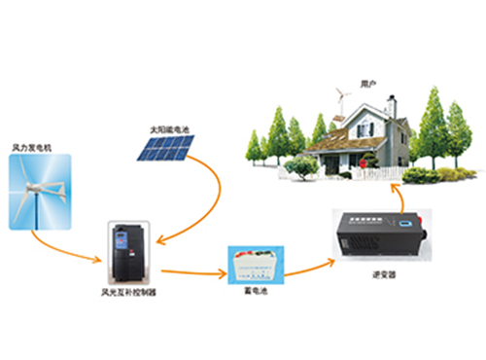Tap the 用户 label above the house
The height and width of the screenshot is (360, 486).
[x=365, y=84]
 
